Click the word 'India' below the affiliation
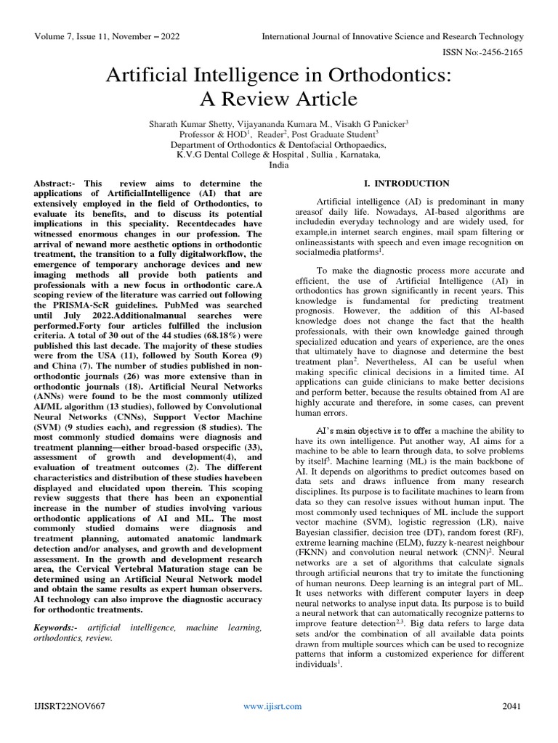(x=278, y=165)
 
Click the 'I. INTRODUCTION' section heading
(x=406, y=184)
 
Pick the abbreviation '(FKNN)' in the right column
(x=313, y=573)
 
